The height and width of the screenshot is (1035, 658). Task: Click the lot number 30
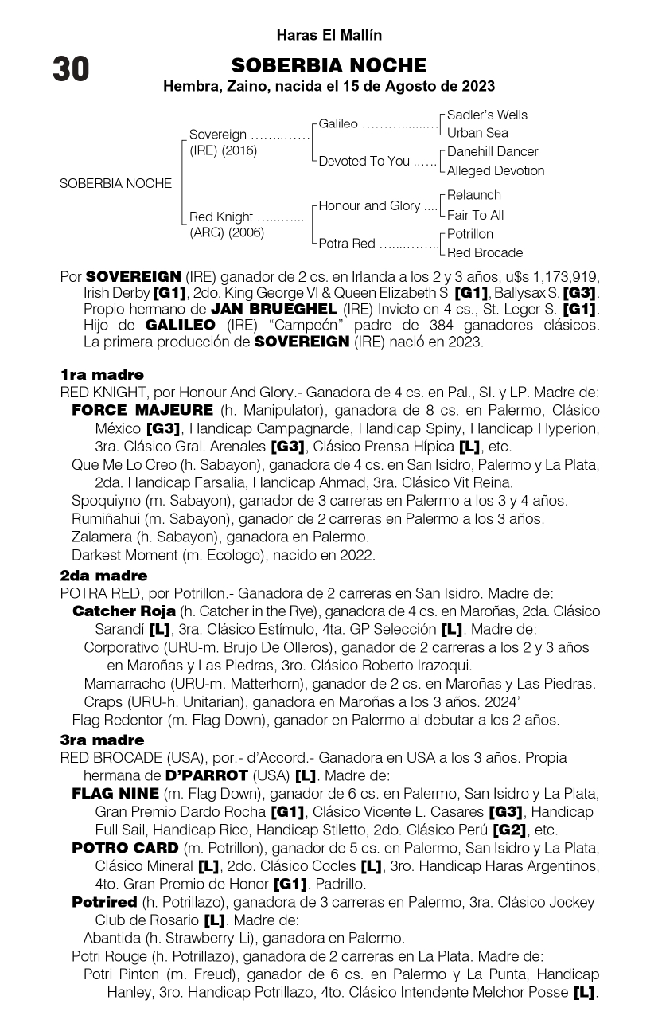click(x=71, y=70)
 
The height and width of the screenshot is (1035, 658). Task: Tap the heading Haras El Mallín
click(x=329, y=36)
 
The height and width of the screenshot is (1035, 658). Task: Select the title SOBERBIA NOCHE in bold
click(x=329, y=65)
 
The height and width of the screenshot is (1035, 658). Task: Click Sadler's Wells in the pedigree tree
click(x=487, y=115)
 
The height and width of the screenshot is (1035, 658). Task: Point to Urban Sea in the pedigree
click(x=477, y=133)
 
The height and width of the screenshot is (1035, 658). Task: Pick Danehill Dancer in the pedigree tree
click(x=493, y=151)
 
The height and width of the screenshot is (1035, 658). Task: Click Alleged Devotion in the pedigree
click(x=496, y=170)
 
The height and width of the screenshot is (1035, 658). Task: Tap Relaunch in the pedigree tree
click(x=474, y=195)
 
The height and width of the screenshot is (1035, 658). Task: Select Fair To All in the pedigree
click(x=476, y=215)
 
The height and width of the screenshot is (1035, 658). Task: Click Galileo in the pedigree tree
click(x=338, y=124)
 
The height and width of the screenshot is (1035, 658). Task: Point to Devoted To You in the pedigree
click(x=364, y=161)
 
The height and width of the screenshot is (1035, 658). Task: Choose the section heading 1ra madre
click(x=102, y=374)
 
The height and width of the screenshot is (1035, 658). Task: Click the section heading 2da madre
click(x=103, y=575)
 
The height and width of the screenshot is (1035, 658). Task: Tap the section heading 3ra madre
click(x=102, y=740)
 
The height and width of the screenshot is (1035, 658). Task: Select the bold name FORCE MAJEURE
click(x=142, y=411)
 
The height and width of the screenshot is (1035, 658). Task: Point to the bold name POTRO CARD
click(x=125, y=848)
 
